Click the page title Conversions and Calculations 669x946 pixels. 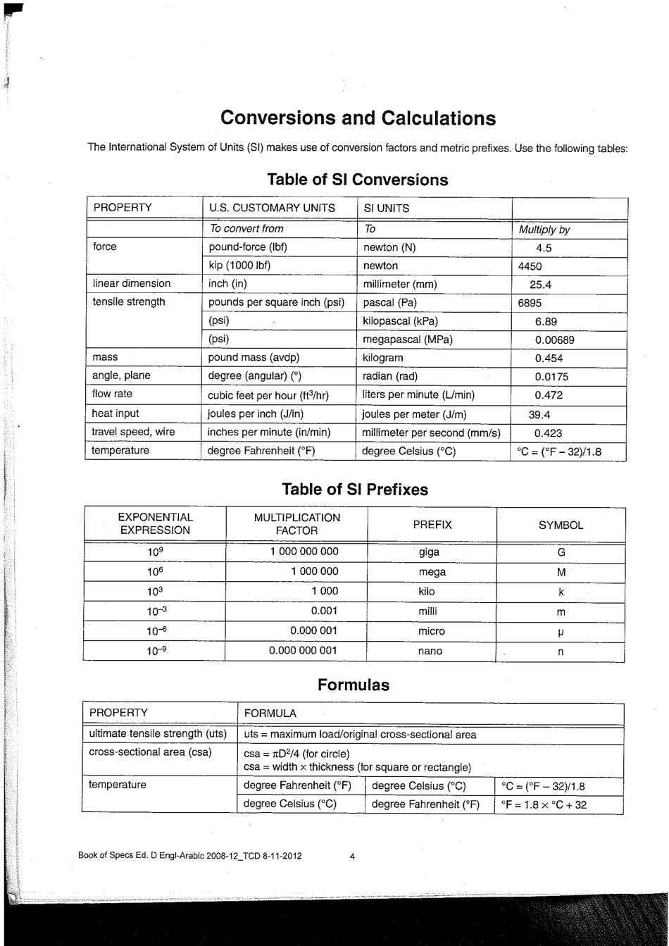pos(358,118)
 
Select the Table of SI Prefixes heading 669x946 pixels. pos(354,489)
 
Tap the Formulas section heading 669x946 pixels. pos(353,685)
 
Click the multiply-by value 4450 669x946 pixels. pos(530,266)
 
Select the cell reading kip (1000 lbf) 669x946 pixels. pos(239,266)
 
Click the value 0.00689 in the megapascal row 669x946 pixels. pos(554,340)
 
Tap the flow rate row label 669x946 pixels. pos(112,394)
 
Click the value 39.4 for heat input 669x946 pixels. pos(539,415)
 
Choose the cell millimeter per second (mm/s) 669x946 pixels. pos(431,432)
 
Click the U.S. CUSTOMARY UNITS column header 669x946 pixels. pos(272,209)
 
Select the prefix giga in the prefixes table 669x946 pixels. pos(429,552)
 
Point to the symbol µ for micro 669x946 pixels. pos(561,632)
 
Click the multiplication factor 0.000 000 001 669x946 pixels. pos(303,651)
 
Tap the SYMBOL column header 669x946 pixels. pos(561,525)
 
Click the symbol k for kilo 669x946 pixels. pos(561,592)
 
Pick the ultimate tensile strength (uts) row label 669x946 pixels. pos(158,734)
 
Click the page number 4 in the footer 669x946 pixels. pos(352,856)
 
